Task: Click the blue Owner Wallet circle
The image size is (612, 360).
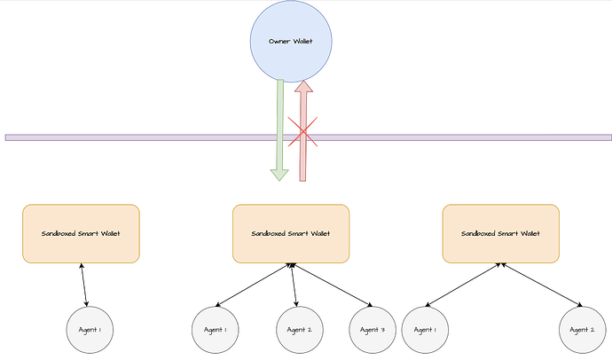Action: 292,42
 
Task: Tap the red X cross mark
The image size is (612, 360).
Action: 303,135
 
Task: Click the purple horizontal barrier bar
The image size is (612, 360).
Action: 133,137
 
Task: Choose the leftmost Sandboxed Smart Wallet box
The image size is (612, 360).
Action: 81,234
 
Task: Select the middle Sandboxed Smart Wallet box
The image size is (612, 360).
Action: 291,234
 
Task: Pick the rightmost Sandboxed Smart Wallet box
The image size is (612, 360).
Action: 500,234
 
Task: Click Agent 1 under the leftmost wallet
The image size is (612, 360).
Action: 90,329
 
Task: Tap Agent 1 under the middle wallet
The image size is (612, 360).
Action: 216,329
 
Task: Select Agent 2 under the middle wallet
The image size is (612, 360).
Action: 300,329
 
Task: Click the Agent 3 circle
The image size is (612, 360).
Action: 372,329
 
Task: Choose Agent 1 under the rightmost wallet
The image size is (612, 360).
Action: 425,329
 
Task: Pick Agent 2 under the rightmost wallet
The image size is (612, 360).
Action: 583,329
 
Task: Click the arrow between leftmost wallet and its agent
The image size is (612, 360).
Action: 85,285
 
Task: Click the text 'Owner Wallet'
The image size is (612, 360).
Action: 292,42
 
